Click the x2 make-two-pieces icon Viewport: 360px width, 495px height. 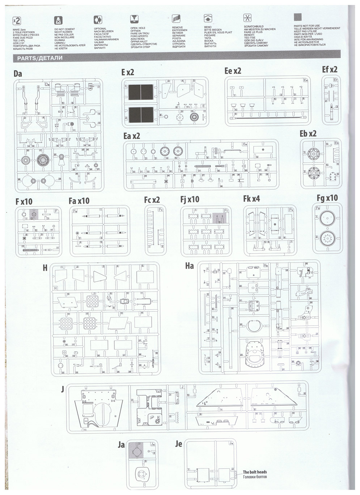tap(17, 20)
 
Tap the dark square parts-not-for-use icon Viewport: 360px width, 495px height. tap(298, 18)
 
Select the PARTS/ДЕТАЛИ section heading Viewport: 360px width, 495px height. tap(38, 58)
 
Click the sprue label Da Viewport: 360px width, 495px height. tap(18, 74)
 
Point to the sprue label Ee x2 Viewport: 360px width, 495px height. tap(233, 71)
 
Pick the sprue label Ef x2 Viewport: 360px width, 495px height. tap(330, 69)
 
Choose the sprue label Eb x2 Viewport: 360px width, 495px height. tap(308, 133)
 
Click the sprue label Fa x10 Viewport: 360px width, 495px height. tap(79, 200)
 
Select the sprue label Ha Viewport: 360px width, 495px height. tap(189, 266)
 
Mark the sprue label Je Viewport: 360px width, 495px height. tap(178, 444)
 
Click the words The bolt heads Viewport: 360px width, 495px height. tap(255, 472)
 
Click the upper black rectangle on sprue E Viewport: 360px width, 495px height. tap(141, 92)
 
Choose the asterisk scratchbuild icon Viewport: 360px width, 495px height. tap(247, 18)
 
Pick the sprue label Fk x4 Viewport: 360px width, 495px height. tap(251, 199)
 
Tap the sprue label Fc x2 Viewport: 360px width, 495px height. tap(152, 200)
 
